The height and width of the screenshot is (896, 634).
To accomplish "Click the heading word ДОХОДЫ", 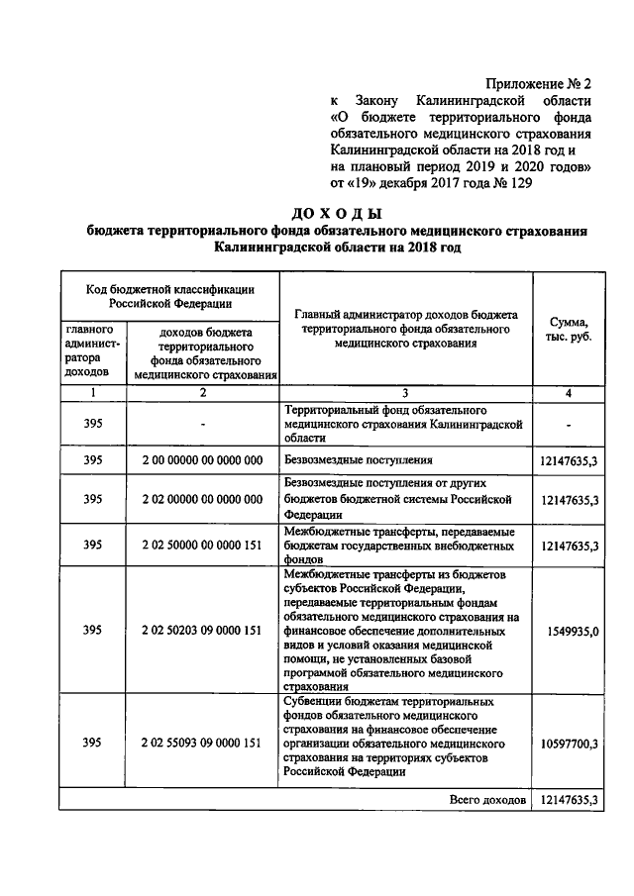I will click(338, 212).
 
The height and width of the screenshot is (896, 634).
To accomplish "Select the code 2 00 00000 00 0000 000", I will click(202, 460).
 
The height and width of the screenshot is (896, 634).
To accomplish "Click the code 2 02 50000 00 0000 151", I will click(202, 545).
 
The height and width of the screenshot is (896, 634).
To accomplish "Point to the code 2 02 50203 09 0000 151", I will click(202, 630).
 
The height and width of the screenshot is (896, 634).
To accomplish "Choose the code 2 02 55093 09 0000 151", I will click(202, 743).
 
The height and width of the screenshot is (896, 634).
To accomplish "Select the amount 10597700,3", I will click(570, 743).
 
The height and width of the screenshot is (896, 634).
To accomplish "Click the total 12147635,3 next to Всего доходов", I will click(570, 798).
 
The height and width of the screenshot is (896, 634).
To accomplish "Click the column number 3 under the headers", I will click(405, 393).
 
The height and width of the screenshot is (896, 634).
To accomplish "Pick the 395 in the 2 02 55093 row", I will click(93, 743).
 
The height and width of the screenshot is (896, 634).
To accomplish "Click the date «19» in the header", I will click(364, 183).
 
